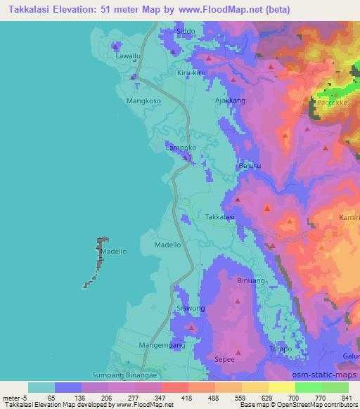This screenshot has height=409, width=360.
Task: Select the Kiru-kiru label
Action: tap(191, 73)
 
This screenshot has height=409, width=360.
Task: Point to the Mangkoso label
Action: tap(143, 100)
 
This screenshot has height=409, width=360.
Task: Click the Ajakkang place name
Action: tap(229, 100)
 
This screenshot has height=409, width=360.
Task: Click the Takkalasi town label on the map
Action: tap(219, 218)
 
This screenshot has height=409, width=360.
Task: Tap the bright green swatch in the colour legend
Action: tap(308, 387)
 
